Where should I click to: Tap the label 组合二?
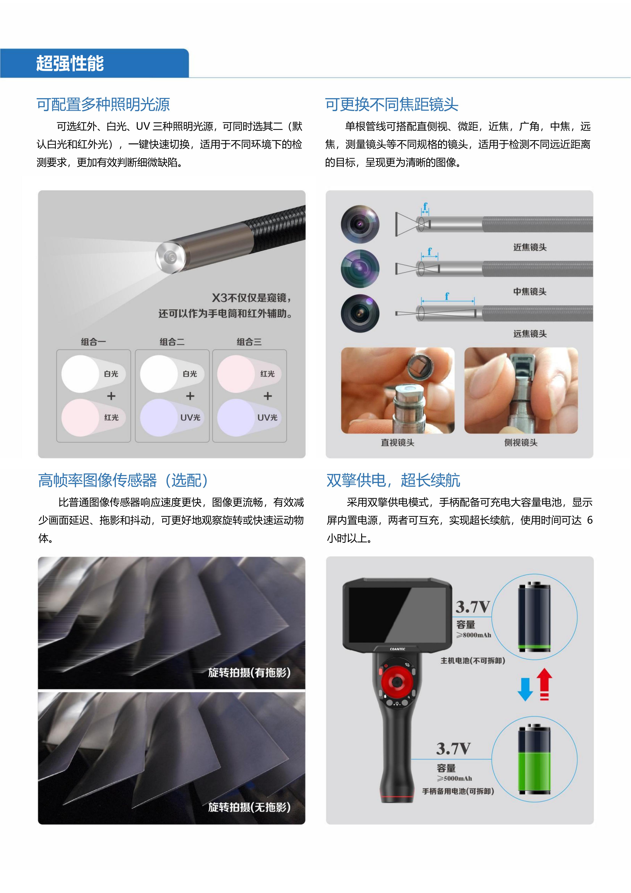172,342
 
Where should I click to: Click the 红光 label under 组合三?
268,374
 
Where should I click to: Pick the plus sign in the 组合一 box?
111,396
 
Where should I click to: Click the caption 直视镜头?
397,443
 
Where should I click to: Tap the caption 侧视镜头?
521,443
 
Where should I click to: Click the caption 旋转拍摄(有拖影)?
249,672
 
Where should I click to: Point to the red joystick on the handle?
396,682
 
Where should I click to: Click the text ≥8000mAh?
474,635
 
